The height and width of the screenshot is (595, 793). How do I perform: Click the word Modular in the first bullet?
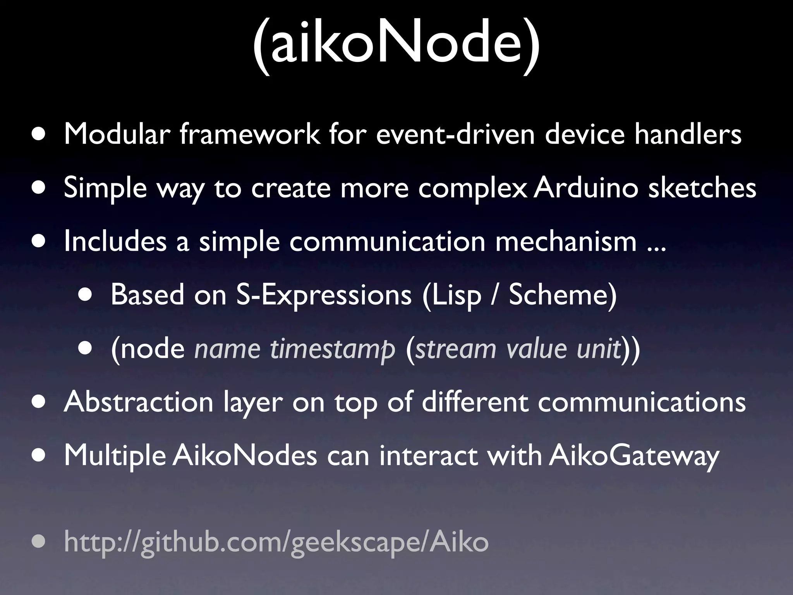coord(117,134)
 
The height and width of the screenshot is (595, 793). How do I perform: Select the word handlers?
coord(688,134)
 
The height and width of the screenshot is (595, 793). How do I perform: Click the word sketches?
coord(702,188)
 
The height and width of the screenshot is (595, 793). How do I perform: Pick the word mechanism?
coord(566,241)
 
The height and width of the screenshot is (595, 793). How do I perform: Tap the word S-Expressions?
coord(324,295)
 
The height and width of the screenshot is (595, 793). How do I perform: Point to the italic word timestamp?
coord(333,349)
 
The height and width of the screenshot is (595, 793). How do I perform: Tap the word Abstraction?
coord(139,402)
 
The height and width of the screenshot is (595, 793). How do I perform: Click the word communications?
coord(642,402)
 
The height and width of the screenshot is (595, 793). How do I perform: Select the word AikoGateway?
coord(634,456)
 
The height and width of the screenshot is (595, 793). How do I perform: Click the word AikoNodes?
coord(245,456)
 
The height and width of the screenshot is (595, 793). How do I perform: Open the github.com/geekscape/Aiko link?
coord(276,542)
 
